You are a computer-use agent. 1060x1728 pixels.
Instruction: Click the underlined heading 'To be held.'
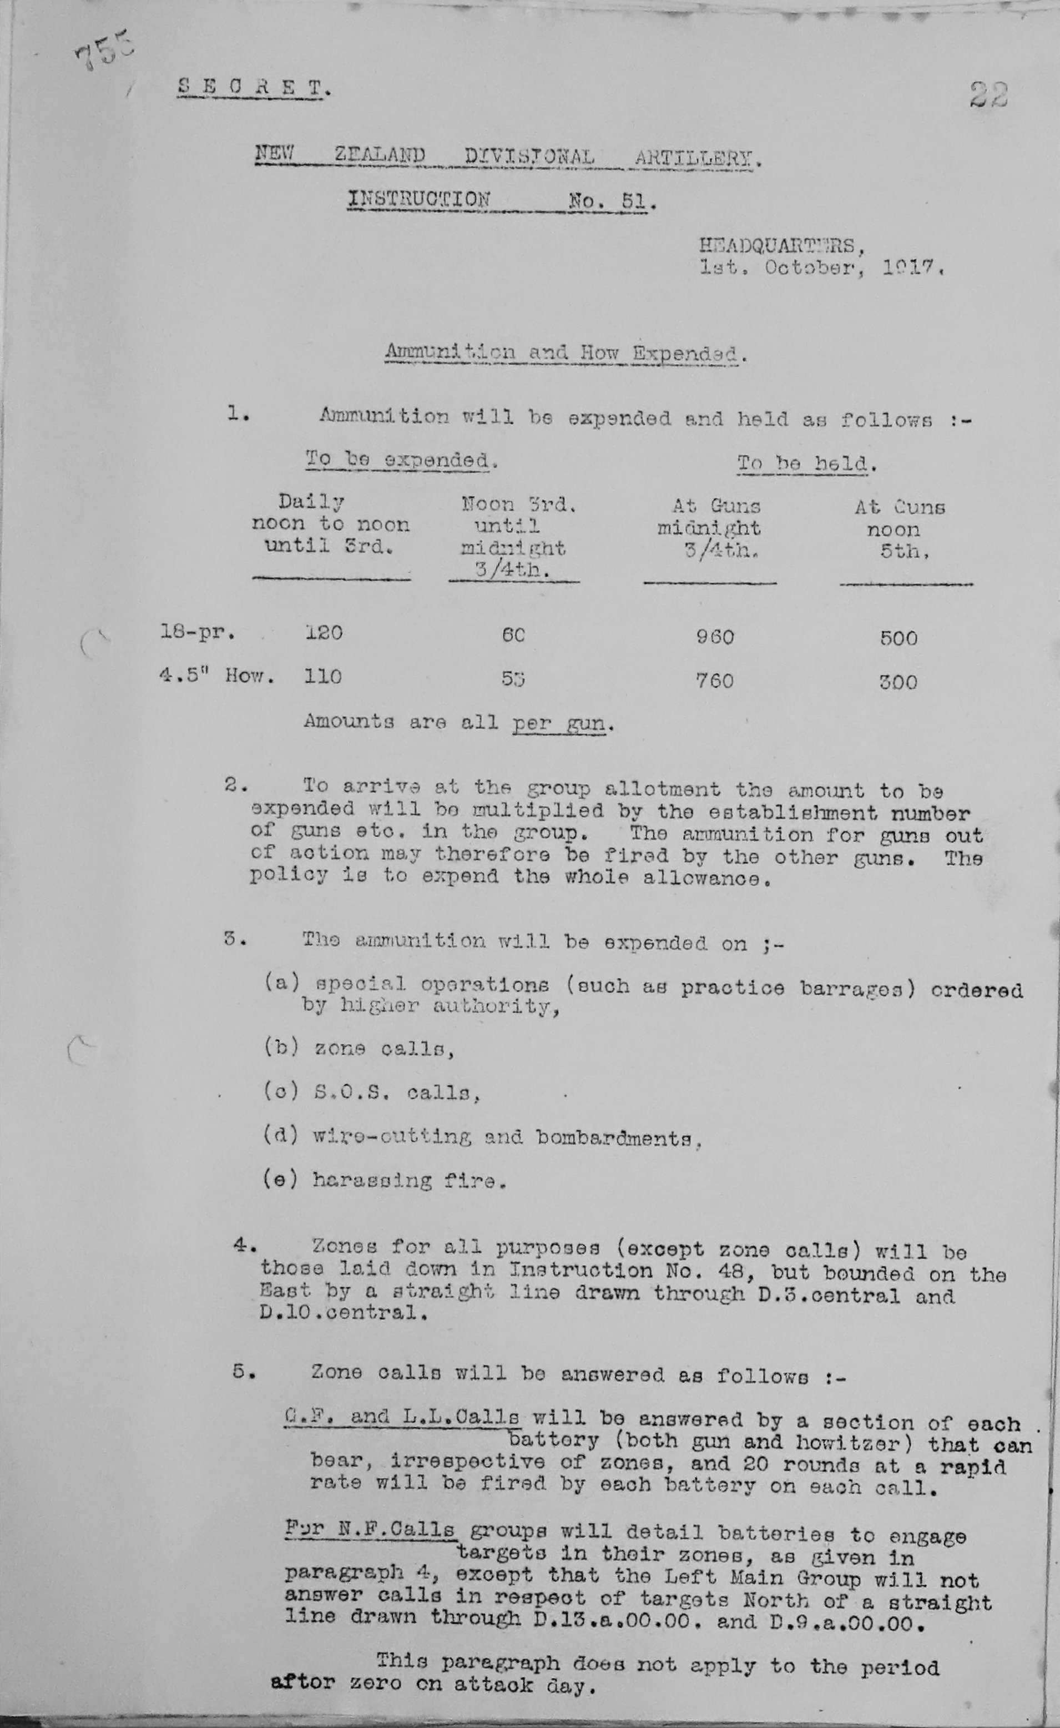coord(807,464)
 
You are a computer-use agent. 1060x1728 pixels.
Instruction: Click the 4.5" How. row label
coord(216,676)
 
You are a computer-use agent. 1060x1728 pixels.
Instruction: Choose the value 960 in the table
coord(714,637)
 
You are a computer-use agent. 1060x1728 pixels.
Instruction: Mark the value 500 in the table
coord(898,638)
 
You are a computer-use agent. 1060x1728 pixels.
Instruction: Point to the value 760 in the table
coord(714,680)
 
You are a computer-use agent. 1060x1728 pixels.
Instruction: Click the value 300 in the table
coord(898,682)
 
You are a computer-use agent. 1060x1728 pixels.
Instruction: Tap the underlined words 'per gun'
coord(559,723)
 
